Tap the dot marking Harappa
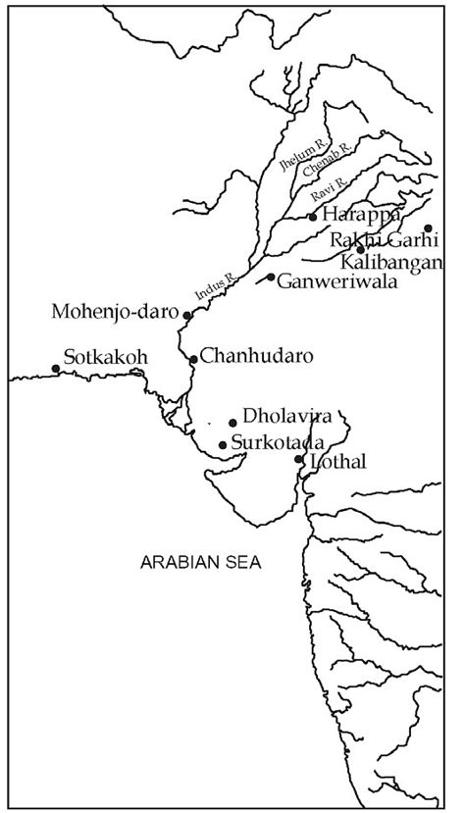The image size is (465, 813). pos(313,217)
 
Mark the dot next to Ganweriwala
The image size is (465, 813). pos(272,277)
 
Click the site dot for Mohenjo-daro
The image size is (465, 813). pos(186,316)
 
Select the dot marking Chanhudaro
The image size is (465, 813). pos(193,360)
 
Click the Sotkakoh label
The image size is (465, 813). pos(105,357)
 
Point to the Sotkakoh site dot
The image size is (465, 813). pos(55,369)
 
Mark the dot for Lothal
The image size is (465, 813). pos(299,459)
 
